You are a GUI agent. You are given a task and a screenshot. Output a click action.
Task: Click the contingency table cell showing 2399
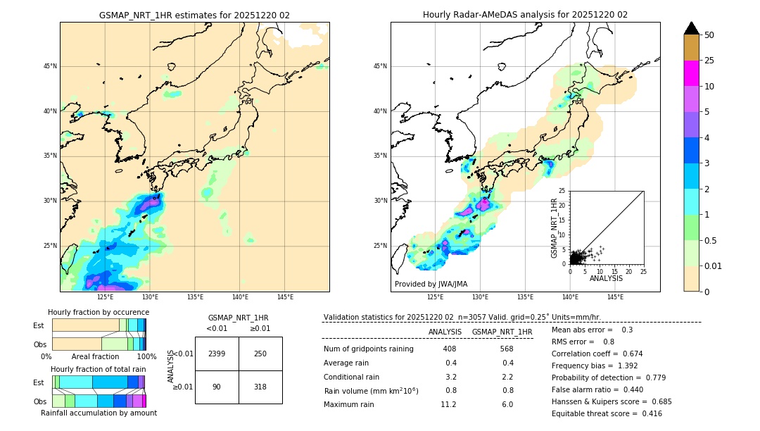[217, 354]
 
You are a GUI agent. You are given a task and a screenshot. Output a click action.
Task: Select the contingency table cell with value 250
[260, 354]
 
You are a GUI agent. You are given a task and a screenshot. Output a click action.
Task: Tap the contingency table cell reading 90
[217, 387]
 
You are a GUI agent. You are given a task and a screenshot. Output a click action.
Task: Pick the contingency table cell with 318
[260, 387]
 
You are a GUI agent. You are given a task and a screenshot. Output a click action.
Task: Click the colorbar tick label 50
[709, 35]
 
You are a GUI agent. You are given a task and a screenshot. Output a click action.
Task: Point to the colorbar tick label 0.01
[714, 266]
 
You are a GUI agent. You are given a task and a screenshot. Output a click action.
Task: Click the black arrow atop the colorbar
[692, 28]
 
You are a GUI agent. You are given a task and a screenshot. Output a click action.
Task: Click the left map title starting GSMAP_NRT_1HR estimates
[194, 15]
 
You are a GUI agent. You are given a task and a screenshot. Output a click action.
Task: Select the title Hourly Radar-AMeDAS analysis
[525, 15]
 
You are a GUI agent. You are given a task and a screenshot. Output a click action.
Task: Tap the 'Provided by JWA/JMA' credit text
[431, 285]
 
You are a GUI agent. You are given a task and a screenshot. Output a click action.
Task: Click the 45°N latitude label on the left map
[50, 66]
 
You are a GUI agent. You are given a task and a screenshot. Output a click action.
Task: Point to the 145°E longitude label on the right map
[615, 297]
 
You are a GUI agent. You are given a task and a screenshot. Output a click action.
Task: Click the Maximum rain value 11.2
[448, 404]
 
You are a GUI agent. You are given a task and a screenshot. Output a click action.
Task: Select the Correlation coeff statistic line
[597, 354]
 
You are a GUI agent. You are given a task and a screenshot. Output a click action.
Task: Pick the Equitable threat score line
[607, 413]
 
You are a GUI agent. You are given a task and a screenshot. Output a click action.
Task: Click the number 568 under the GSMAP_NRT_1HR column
[506, 349]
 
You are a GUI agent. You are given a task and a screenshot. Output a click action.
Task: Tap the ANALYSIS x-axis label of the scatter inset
[606, 278]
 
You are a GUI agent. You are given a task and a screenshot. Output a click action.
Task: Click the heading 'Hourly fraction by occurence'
[99, 312]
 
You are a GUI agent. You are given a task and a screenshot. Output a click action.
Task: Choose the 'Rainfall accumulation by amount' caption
[99, 413]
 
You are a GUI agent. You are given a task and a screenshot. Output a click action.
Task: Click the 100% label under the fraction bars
[146, 356]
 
